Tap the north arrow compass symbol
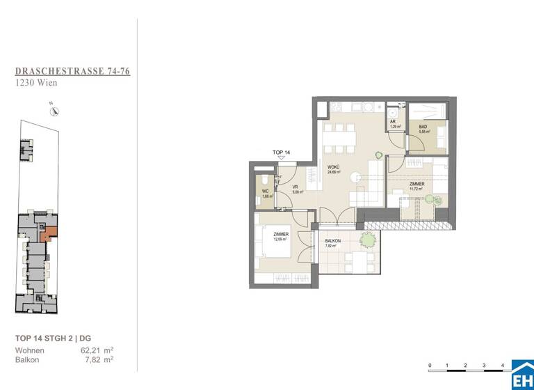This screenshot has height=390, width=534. (x=54, y=108)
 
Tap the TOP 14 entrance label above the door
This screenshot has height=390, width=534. (x=281, y=152)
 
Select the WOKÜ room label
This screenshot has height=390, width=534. (x=333, y=168)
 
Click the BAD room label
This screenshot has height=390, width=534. (x=422, y=127)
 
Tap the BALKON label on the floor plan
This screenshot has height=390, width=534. (x=330, y=242)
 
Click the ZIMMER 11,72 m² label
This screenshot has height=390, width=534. (x=416, y=185)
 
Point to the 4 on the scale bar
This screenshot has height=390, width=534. (x=501, y=366)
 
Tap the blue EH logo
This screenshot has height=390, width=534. (x=522, y=375)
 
